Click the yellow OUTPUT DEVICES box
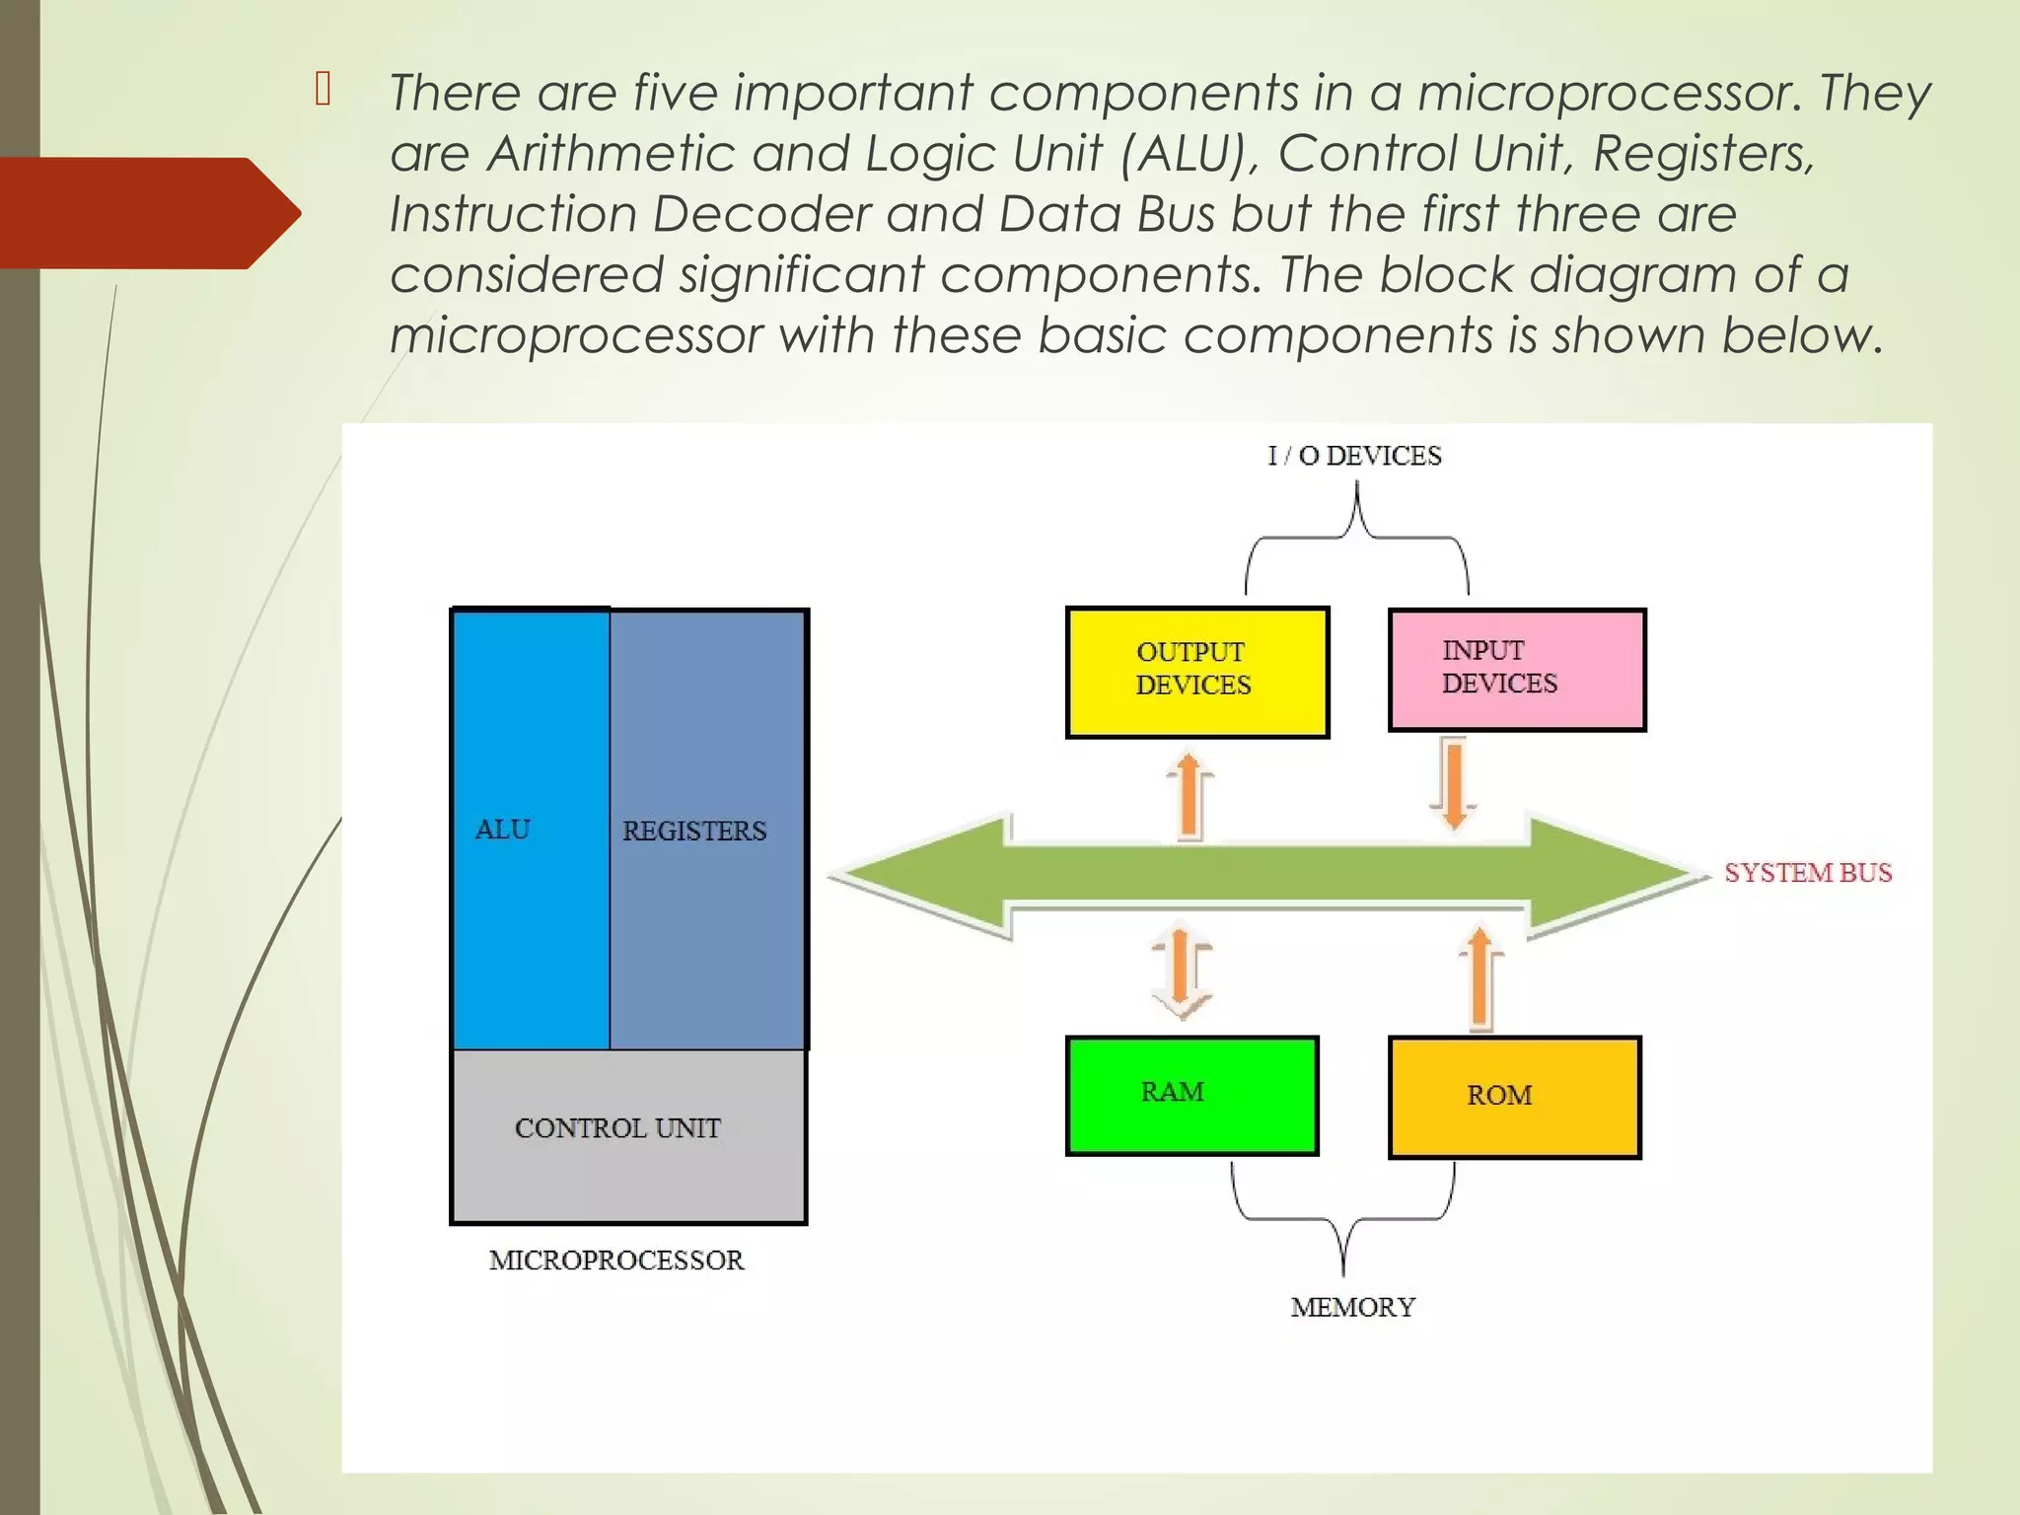click(x=1197, y=672)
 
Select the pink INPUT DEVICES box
click(x=1517, y=670)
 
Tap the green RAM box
click(x=1192, y=1095)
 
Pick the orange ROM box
click(x=1514, y=1097)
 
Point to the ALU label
click(x=503, y=830)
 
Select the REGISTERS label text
click(x=694, y=831)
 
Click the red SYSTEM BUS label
click(x=1808, y=873)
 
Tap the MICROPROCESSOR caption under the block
click(x=616, y=1261)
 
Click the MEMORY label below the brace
click(x=1352, y=1308)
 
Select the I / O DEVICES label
click(x=1354, y=456)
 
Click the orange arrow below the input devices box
click(x=1453, y=783)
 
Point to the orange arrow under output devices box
click(x=1190, y=796)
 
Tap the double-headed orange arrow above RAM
click(x=1181, y=972)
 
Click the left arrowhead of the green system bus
click(x=917, y=875)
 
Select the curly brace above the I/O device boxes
click(x=1357, y=539)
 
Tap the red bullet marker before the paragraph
click(x=323, y=90)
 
